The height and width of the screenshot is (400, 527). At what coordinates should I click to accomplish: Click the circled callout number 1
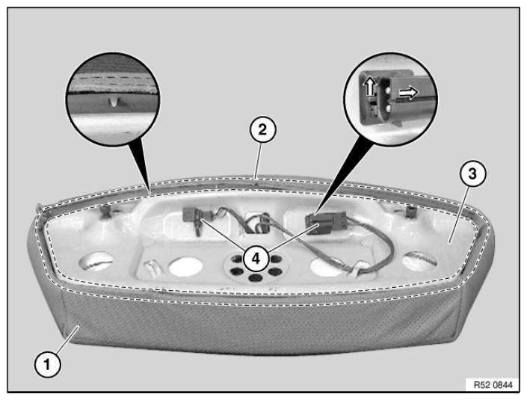tap(47, 364)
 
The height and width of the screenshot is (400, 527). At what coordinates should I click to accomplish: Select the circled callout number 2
tap(262, 130)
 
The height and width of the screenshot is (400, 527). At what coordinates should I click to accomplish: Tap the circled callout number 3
tap(472, 174)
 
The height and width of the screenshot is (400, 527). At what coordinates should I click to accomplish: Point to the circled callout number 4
tap(256, 259)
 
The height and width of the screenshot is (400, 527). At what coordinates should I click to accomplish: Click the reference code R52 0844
tap(493, 384)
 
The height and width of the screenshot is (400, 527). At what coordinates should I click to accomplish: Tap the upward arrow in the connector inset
tap(370, 85)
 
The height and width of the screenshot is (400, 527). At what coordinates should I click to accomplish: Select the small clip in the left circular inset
tap(114, 102)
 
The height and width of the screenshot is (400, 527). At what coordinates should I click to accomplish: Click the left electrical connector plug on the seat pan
tap(191, 215)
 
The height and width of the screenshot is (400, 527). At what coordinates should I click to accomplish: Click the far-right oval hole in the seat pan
tap(420, 261)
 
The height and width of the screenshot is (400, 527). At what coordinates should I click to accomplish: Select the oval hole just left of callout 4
tap(185, 267)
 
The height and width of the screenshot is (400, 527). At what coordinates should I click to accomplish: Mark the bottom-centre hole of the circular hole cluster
tap(256, 277)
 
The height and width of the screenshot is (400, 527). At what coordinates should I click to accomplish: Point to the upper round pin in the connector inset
tap(388, 90)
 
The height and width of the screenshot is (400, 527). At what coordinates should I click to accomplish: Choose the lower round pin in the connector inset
tap(387, 108)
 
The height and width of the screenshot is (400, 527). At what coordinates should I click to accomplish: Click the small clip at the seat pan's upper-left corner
tap(107, 212)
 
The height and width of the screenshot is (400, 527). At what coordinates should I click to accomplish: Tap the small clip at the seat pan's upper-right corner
tap(410, 212)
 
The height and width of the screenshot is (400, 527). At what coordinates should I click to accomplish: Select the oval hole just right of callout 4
tap(327, 267)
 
